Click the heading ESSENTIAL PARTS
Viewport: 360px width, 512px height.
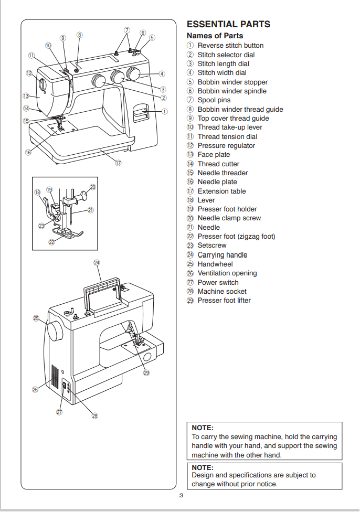[x=228, y=24]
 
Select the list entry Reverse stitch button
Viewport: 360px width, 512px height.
[x=230, y=46]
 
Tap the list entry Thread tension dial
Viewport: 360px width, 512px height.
[x=227, y=136]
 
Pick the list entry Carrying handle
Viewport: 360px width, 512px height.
[x=222, y=255]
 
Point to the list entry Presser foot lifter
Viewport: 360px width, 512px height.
[x=224, y=301]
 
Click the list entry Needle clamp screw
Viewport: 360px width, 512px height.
[x=229, y=218]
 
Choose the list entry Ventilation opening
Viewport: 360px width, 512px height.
[x=227, y=273]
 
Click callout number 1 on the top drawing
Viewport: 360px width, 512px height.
[x=165, y=111]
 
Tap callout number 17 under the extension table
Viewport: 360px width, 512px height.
[x=119, y=163]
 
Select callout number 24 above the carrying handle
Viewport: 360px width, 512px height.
[x=97, y=262]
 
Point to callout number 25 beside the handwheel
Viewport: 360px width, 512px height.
[x=36, y=318]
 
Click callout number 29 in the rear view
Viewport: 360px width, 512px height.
[x=146, y=373]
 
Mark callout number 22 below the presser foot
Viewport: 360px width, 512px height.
[x=51, y=242]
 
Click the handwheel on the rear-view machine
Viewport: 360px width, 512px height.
[x=55, y=332]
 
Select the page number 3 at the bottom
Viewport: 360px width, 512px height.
[x=181, y=496]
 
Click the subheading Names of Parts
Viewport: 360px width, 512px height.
[x=215, y=36]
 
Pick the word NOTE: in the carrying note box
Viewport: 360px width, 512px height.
[x=202, y=428]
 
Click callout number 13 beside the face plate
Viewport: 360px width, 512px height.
[x=26, y=96]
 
